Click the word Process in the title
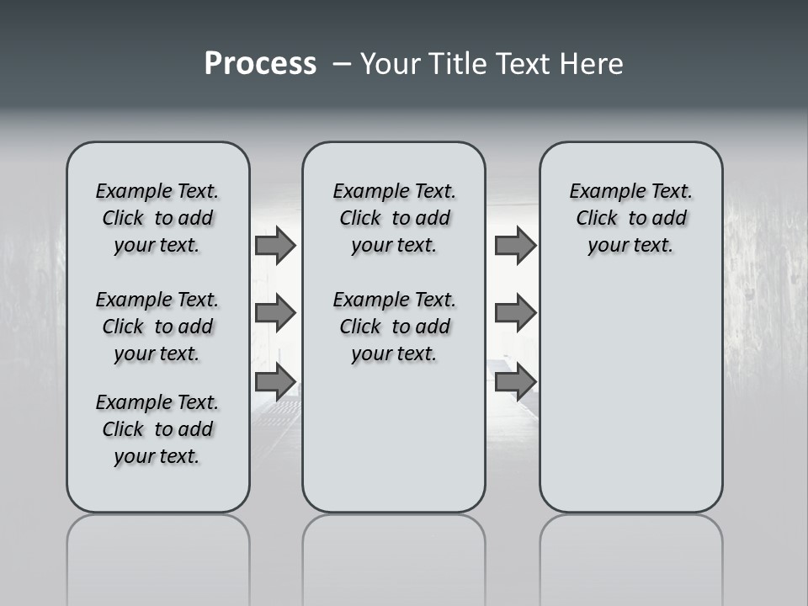pos(260,64)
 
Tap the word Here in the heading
pos(588,64)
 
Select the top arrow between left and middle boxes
pos(274,245)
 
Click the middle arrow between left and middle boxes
pos(274,313)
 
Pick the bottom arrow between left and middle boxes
pos(274,382)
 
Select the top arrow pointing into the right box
pos(515,245)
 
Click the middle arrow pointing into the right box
pos(515,313)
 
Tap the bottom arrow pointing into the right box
pos(515,382)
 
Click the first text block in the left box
pos(157,218)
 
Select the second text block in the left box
pos(157,327)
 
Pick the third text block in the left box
pos(157,429)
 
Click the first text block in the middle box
pos(394,218)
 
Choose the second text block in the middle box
pos(394,327)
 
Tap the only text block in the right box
pos(630,218)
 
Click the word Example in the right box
pos(602,191)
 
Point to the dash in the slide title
pos(341,64)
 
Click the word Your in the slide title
pos(390,64)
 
